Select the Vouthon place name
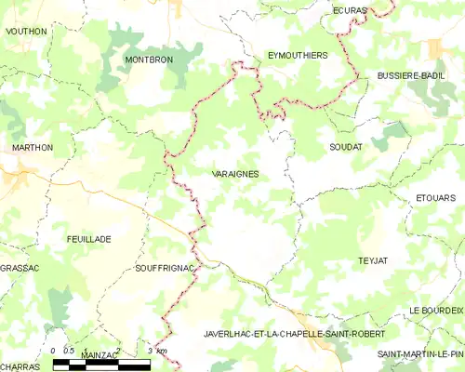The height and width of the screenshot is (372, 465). click(x=26, y=31)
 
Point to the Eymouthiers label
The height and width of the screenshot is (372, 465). click(x=298, y=56)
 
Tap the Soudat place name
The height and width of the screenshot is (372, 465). click(x=345, y=147)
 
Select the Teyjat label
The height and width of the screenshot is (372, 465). click(x=371, y=261)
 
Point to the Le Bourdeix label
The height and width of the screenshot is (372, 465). click(x=435, y=310)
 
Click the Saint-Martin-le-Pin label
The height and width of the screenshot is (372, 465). click(x=420, y=354)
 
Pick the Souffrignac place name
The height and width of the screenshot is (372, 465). click(x=165, y=268)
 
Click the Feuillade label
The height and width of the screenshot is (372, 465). click(x=89, y=239)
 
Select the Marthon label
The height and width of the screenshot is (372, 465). click(x=33, y=147)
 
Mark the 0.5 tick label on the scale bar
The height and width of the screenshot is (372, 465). click(x=70, y=350)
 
